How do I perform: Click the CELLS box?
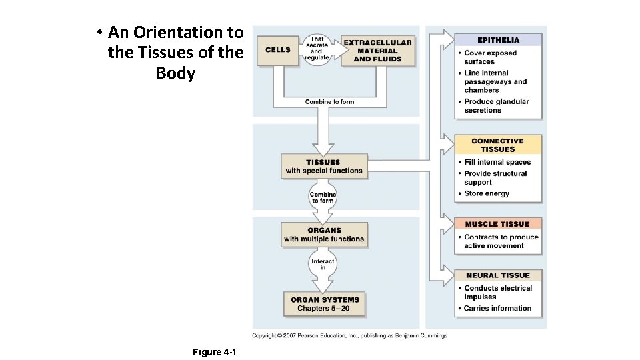pos(278,50)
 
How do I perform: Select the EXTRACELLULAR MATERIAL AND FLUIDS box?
pos(377,51)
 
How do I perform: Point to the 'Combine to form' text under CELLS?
pos(329,102)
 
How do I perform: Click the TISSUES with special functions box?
pos(324,167)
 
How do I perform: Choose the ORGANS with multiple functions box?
pos(324,235)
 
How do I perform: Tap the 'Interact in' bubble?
pos(323,264)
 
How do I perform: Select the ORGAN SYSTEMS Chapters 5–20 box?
pos(324,304)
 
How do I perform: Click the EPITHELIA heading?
pos(498,40)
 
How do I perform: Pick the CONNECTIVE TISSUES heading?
pos(498,145)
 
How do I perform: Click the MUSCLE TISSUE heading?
pos(498,224)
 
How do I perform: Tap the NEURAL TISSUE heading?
pos(498,275)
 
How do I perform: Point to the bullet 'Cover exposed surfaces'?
pos(490,57)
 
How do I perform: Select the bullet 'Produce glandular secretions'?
pos(496,106)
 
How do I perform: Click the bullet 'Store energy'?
pos(487,193)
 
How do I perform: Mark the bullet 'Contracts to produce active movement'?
pos(501,241)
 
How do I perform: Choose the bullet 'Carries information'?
pos(497,308)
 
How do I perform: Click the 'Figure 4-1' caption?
pos(209,352)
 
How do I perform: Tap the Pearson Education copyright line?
pos(349,335)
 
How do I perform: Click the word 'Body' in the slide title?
pos(175,73)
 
